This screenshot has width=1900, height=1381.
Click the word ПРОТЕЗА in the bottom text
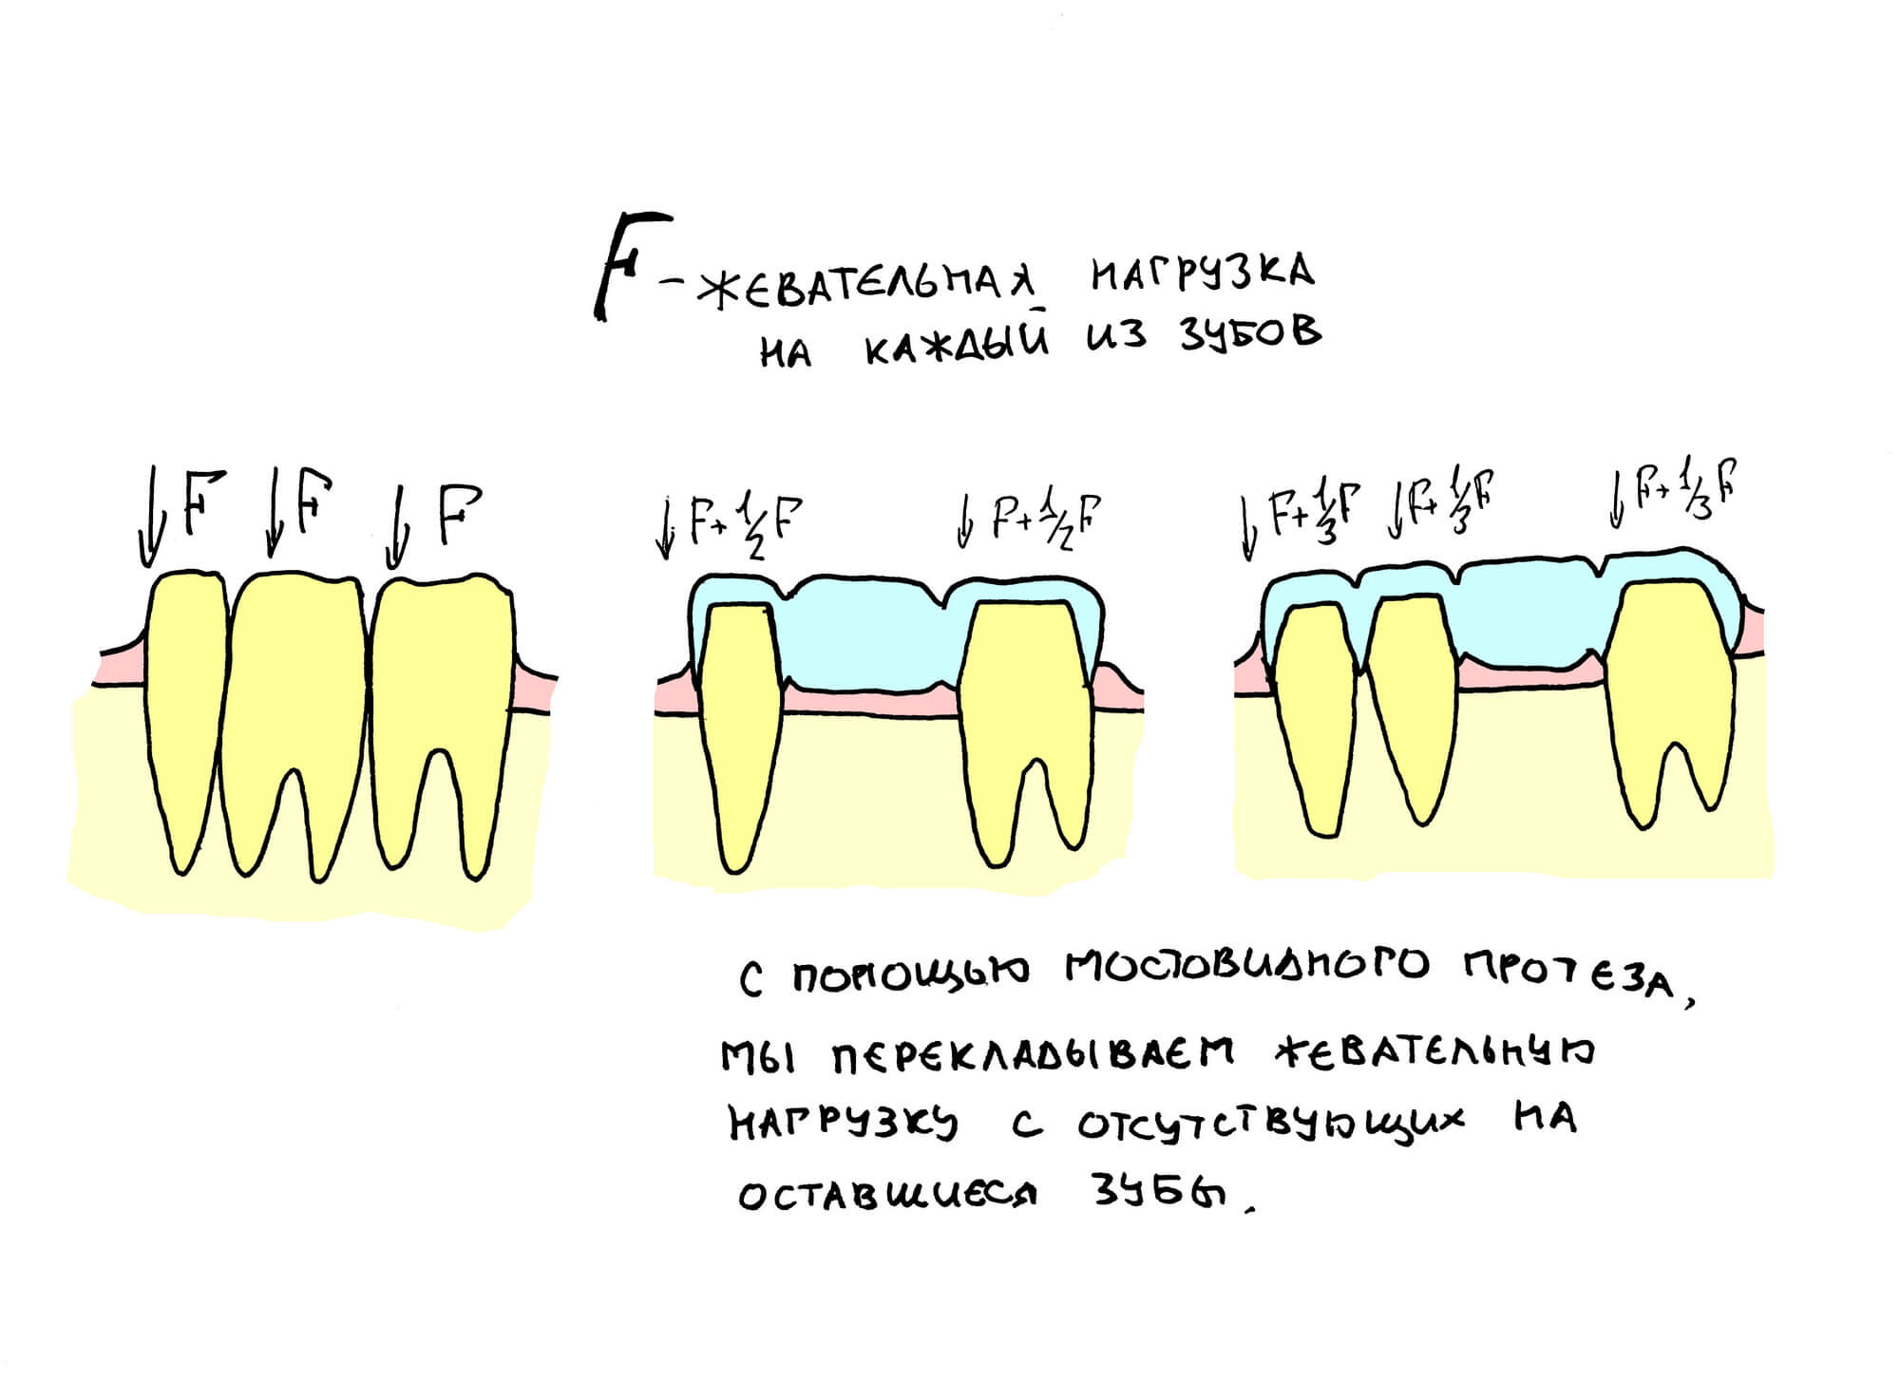coord(1567,975)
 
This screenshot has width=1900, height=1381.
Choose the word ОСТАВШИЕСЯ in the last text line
coord(887,1194)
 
